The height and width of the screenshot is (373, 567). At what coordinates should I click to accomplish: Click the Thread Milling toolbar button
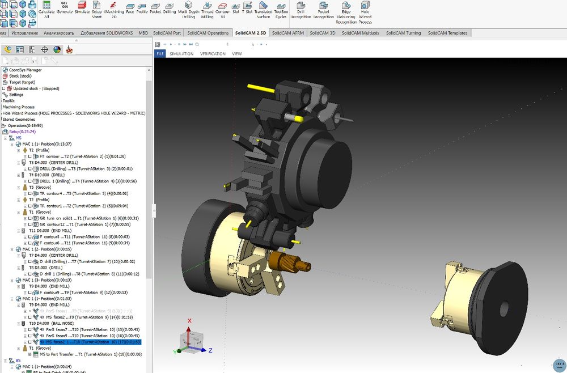(x=207, y=10)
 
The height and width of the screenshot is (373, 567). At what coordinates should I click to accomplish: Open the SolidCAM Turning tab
(x=403, y=33)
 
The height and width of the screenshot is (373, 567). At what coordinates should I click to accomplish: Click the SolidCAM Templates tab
(x=447, y=33)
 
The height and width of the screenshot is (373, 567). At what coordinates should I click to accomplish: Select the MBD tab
(x=144, y=33)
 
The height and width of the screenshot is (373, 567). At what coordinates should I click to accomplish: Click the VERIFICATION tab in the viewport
(x=213, y=54)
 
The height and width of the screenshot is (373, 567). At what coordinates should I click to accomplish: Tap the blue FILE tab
(x=160, y=54)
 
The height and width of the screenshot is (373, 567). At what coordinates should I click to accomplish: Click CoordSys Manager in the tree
(x=26, y=70)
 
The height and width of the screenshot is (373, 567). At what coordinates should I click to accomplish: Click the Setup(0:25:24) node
(x=22, y=132)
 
